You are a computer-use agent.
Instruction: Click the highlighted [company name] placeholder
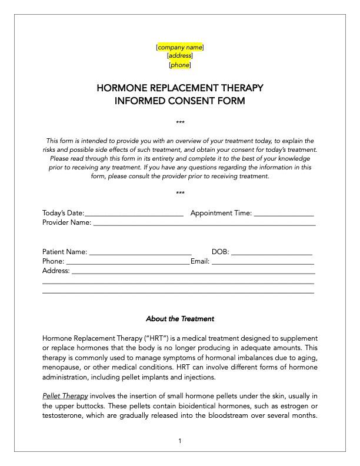point(180,46)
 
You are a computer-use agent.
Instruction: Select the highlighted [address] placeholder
point(180,56)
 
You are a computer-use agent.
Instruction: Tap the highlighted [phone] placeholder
point(180,65)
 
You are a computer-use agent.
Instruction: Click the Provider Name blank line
point(204,224)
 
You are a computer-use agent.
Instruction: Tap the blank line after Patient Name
point(140,253)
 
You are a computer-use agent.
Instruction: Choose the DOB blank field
point(271,253)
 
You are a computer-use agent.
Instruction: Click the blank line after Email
point(263,262)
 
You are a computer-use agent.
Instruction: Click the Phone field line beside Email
point(127,262)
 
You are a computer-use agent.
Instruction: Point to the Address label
point(56,271)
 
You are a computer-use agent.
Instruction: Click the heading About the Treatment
point(180,319)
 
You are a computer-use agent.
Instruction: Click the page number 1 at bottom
point(180,441)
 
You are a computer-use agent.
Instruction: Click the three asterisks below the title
point(180,122)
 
